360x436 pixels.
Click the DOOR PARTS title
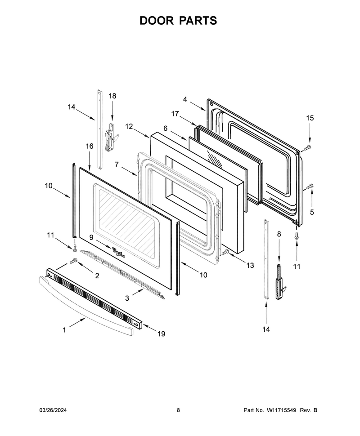(x=178, y=21)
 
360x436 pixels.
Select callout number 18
(x=112, y=96)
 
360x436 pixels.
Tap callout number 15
(x=310, y=118)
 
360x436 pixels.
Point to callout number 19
(x=162, y=334)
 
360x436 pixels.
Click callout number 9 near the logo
(x=91, y=237)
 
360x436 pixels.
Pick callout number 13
(x=250, y=266)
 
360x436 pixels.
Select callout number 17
(x=175, y=114)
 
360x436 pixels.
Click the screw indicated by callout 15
(x=307, y=148)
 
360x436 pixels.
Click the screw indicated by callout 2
(x=74, y=261)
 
